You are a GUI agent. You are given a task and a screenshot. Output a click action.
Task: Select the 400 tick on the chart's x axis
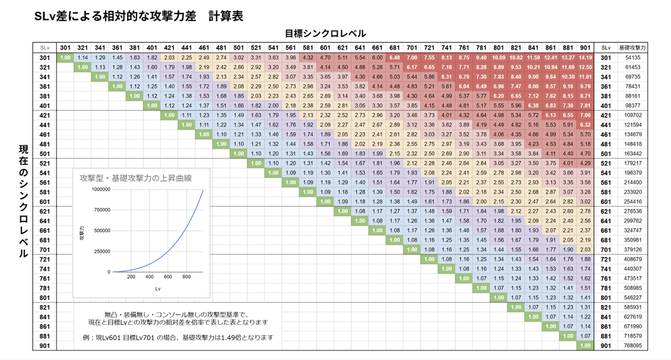149,277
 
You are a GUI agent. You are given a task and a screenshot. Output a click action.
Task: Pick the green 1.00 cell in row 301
65,57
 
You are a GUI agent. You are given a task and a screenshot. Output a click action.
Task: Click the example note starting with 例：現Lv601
177,337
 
